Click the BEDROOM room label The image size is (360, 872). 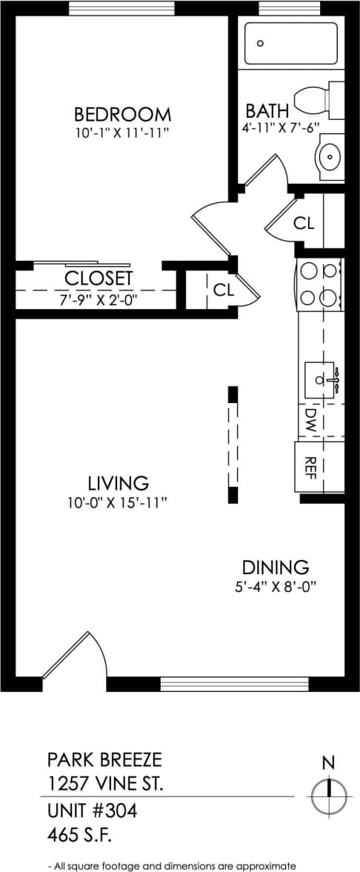point(122,115)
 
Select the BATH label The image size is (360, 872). point(263,111)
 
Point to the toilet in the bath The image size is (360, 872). point(319,101)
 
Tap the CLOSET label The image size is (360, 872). point(99,279)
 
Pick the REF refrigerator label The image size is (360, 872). point(311,465)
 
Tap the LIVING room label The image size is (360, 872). point(119,483)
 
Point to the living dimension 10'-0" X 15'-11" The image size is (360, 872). point(119,502)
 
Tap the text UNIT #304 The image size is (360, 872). point(93,811)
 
